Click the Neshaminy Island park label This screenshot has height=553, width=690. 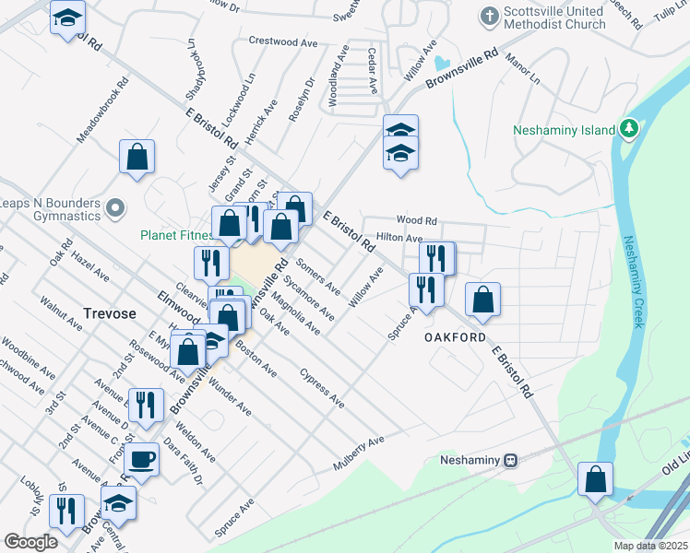pyautogui.click(x=564, y=130)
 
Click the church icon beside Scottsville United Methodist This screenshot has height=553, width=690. pyautogui.click(x=489, y=16)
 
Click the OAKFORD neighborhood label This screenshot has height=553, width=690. pyautogui.click(x=455, y=337)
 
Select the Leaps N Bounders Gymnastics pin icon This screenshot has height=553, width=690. pyautogui.click(x=115, y=209)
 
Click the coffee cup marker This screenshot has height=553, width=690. pyautogui.click(x=142, y=457)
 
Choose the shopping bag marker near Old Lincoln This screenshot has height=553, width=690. pyautogui.click(x=596, y=478)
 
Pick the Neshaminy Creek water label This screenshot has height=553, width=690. pyautogui.click(x=634, y=282)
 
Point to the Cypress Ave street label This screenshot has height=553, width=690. pyautogui.click(x=323, y=389)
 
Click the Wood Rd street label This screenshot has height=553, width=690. pyautogui.click(x=416, y=220)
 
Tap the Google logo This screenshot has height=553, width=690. pyautogui.click(x=30, y=541)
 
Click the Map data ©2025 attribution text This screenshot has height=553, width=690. pyautogui.click(x=650, y=546)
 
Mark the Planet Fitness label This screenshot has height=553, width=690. pyautogui.click(x=178, y=235)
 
